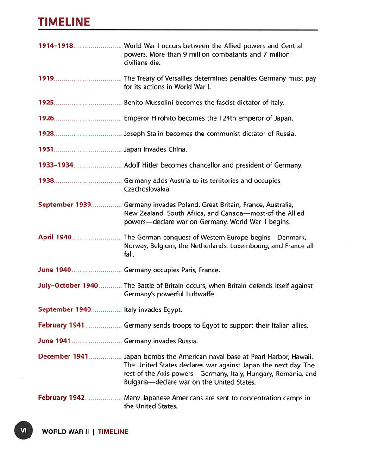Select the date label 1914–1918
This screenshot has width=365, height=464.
(x=56, y=46)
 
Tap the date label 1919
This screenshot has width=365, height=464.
(x=46, y=78)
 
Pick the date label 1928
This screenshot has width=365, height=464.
(x=46, y=134)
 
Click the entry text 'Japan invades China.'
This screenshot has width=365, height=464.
(x=155, y=149)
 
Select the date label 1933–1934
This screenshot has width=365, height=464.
(x=56, y=165)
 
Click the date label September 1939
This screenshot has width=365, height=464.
(x=64, y=205)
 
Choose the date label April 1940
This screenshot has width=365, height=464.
(x=55, y=237)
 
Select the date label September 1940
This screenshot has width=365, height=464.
(x=64, y=309)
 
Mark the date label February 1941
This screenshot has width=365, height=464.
(x=61, y=325)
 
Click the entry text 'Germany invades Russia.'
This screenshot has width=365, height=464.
(x=161, y=341)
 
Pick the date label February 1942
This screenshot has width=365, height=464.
(x=61, y=398)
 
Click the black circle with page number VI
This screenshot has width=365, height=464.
(x=23, y=430)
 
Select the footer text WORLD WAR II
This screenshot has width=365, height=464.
(x=65, y=432)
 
